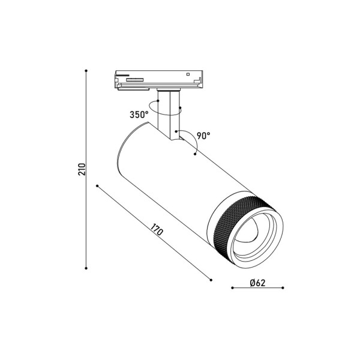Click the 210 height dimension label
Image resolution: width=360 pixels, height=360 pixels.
[81, 169]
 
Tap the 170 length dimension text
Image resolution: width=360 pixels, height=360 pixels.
[157, 230]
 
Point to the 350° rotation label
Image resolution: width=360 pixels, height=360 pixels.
[139, 115]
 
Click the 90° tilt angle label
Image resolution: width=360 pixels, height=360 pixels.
[203, 136]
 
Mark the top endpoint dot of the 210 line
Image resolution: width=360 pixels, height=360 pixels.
[87, 71]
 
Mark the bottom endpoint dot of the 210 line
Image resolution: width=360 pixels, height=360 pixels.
[87, 268]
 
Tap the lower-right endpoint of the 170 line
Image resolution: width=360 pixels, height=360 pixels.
[211, 279]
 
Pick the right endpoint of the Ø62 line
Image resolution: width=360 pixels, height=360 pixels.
[282, 288]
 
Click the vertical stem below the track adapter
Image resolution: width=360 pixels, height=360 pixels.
[168, 111]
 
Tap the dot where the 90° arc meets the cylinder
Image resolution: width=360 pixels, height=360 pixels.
[195, 155]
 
